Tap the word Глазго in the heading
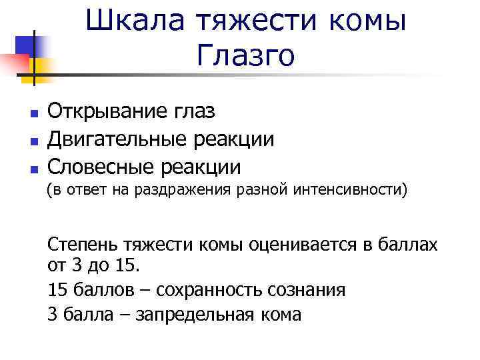[246, 55]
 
